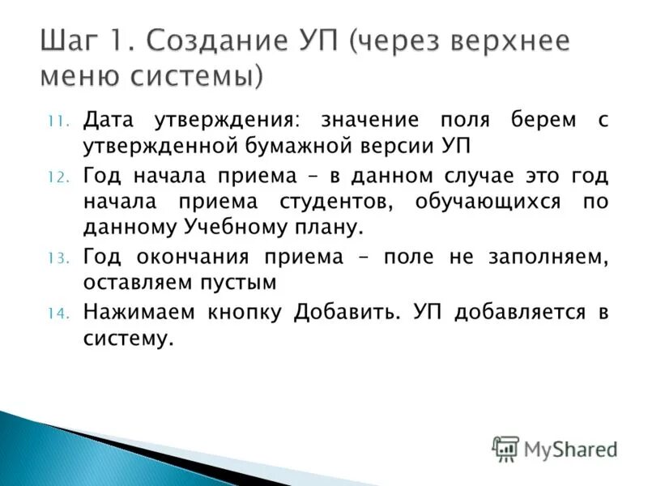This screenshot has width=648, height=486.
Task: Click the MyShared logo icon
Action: pos(505,448)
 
